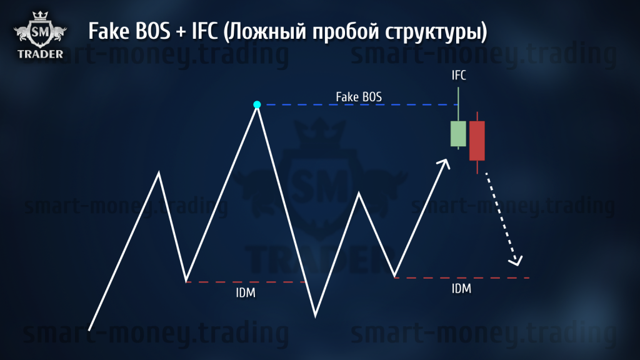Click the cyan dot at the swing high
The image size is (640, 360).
(x=257, y=104)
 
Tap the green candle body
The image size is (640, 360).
(x=458, y=134)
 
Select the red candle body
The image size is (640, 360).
(x=477, y=141)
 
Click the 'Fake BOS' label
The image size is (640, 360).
(x=359, y=97)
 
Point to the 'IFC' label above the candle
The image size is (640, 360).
(x=459, y=75)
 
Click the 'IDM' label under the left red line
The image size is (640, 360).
(x=246, y=292)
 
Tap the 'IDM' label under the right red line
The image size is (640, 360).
(x=461, y=289)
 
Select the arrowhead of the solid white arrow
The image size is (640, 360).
(x=444, y=164)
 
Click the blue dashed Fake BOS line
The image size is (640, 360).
(x=361, y=105)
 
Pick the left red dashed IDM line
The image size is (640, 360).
(x=245, y=282)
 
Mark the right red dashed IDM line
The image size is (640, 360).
(x=462, y=277)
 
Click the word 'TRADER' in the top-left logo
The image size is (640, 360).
(x=41, y=54)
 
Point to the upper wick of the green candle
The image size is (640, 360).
(x=458, y=104)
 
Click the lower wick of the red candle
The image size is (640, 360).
(x=477, y=167)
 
